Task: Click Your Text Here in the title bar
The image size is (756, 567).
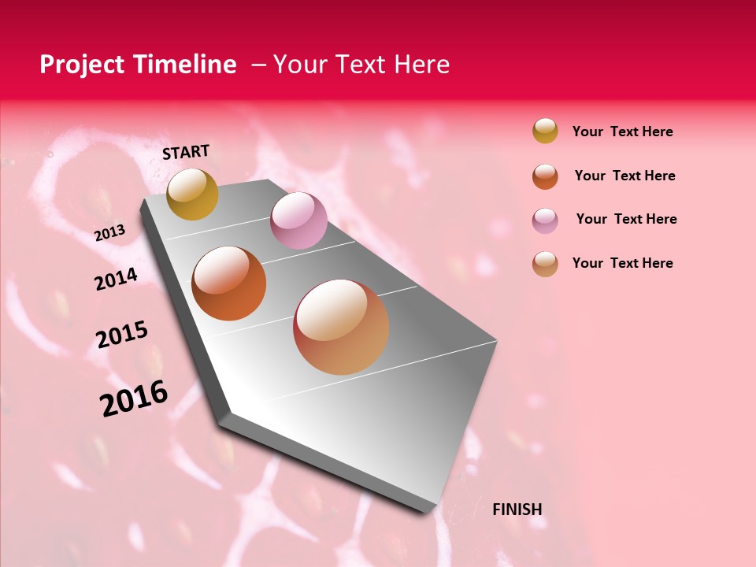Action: coord(361,65)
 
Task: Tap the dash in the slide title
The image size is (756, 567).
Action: coord(258,65)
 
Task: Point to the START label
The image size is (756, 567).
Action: coord(186,152)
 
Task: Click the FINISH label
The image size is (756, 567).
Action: coord(517,510)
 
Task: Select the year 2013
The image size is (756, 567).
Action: coord(109,233)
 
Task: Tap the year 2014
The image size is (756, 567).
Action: coord(116,280)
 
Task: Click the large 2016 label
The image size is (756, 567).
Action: coord(134,398)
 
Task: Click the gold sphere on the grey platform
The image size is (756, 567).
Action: coord(192,194)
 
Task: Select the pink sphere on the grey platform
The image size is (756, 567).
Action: coord(298,220)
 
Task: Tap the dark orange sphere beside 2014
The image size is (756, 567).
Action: coord(229,283)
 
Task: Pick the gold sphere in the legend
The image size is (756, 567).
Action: coord(545,131)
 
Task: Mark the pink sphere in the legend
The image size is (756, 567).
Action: coord(545,220)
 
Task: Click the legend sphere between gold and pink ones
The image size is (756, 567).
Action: coord(545,176)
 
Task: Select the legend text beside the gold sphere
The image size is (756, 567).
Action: coord(622,132)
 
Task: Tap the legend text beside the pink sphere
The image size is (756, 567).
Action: coord(626,219)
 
